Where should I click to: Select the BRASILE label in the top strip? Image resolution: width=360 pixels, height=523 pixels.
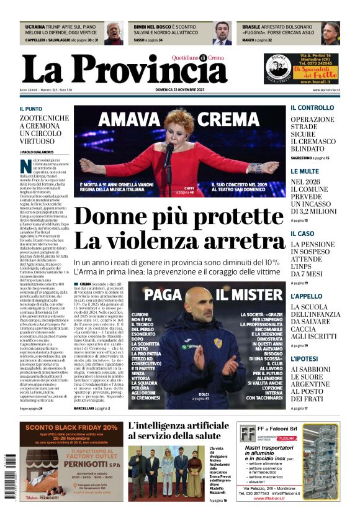251,27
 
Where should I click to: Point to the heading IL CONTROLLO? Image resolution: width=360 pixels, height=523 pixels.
312,107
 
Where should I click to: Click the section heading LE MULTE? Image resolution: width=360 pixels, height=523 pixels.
305,171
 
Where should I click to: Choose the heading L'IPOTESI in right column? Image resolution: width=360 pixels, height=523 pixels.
306,358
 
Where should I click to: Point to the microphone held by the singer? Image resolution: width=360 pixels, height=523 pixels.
168,149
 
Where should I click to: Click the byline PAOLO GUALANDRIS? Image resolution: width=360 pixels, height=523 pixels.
38,152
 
